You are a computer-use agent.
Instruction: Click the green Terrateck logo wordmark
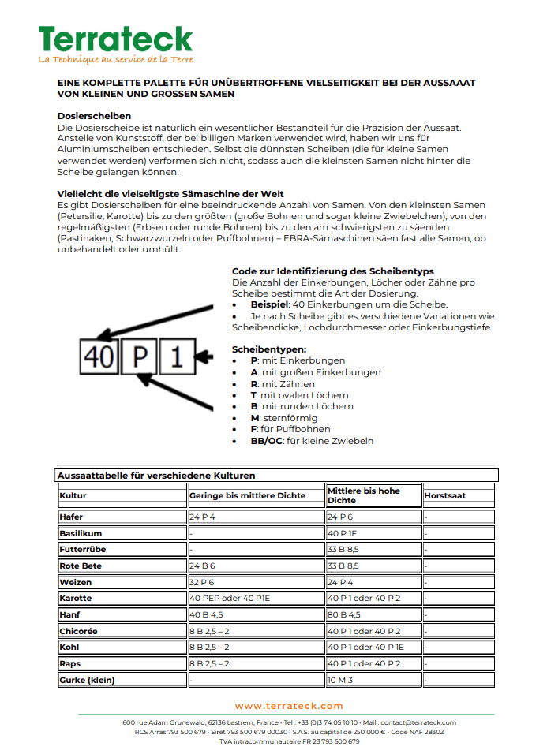[115, 39]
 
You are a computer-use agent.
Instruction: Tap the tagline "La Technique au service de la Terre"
[115, 59]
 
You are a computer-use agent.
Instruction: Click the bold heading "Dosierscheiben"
[94, 116]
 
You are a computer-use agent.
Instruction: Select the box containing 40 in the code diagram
[99, 358]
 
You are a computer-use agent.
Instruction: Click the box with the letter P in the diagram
[140, 358]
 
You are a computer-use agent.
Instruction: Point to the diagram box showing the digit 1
[178, 358]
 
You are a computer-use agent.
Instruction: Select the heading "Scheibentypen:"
[269, 349]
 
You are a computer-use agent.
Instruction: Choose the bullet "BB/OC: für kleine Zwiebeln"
[312, 441]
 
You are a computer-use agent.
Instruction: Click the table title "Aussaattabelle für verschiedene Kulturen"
[155, 476]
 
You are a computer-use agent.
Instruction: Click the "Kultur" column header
[73, 495]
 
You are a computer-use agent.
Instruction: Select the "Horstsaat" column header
[445, 495]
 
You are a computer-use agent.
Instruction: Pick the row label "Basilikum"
[81, 533]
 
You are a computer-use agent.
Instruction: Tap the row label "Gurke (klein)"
[87, 680]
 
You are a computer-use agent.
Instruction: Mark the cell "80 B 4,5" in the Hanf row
[344, 614]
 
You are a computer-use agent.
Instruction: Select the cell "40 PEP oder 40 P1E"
[230, 599]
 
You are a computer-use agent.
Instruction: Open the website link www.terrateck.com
[289, 706]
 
